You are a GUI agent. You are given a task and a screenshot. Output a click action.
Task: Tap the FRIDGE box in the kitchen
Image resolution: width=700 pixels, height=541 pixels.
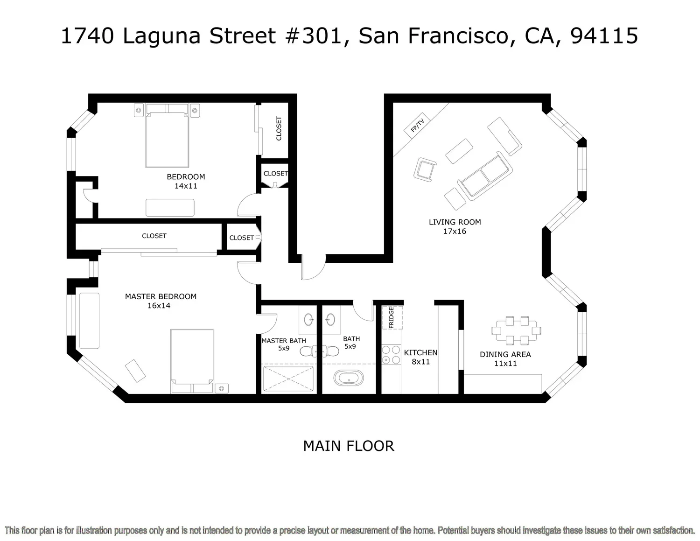tap(392, 317)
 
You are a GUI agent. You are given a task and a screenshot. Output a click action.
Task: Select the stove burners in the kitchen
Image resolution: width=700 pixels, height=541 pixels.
tap(391, 354)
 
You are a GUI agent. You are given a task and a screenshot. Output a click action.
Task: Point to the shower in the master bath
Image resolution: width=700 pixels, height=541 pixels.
tap(288, 379)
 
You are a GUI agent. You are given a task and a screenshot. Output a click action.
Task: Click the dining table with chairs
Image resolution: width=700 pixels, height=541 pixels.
tap(516, 330)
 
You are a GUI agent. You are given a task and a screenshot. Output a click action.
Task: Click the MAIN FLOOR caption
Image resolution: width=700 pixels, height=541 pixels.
tap(349, 446)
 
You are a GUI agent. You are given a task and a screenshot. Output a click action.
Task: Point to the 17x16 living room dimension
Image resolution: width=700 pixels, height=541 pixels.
tap(455, 232)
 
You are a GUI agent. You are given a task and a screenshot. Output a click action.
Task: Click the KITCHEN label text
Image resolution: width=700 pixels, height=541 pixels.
tap(420, 353)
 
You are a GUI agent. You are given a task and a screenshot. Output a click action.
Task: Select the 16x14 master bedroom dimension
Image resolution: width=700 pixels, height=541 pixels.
tap(159, 306)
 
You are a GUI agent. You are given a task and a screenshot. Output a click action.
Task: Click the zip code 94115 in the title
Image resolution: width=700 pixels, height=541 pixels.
tap(604, 36)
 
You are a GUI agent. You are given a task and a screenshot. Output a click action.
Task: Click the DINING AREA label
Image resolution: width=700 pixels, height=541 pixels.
tap(505, 354)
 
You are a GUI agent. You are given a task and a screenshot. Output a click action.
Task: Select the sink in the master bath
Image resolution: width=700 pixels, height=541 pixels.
tap(309, 320)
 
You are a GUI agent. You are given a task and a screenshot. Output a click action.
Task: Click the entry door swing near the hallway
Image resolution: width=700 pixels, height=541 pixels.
tap(313, 268)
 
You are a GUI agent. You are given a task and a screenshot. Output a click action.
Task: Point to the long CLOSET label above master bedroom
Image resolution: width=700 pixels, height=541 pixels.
tap(154, 236)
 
